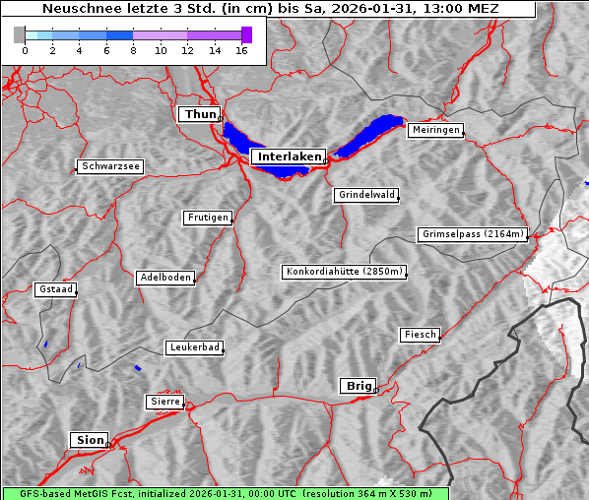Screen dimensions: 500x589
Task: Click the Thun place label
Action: coord(199,115)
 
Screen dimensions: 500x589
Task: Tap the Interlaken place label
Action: coord(288,156)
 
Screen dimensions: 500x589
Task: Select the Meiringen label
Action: coord(434,130)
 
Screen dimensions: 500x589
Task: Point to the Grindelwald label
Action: coord(366,195)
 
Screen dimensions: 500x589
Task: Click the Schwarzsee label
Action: coord(110,167)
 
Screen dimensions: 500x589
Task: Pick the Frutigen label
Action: coord(207,218)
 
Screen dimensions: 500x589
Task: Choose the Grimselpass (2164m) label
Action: coord(472,234)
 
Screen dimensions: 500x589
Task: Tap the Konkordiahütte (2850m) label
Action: coord(344,272)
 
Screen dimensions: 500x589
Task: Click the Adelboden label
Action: coord(164,278)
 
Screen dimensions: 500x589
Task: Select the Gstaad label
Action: coord(55,289)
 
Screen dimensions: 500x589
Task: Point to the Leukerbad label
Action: coord(194,347)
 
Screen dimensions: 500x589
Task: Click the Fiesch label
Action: coord(419,335)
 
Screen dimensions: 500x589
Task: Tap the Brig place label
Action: coord(357,386)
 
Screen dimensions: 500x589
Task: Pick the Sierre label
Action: coord(164,402)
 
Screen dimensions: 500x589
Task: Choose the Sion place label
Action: coord(87,439)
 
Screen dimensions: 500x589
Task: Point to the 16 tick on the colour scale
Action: coord(241,50)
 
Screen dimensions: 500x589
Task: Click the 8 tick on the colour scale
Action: coord(133,50)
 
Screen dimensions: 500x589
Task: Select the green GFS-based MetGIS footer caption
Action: coord(225,493)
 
